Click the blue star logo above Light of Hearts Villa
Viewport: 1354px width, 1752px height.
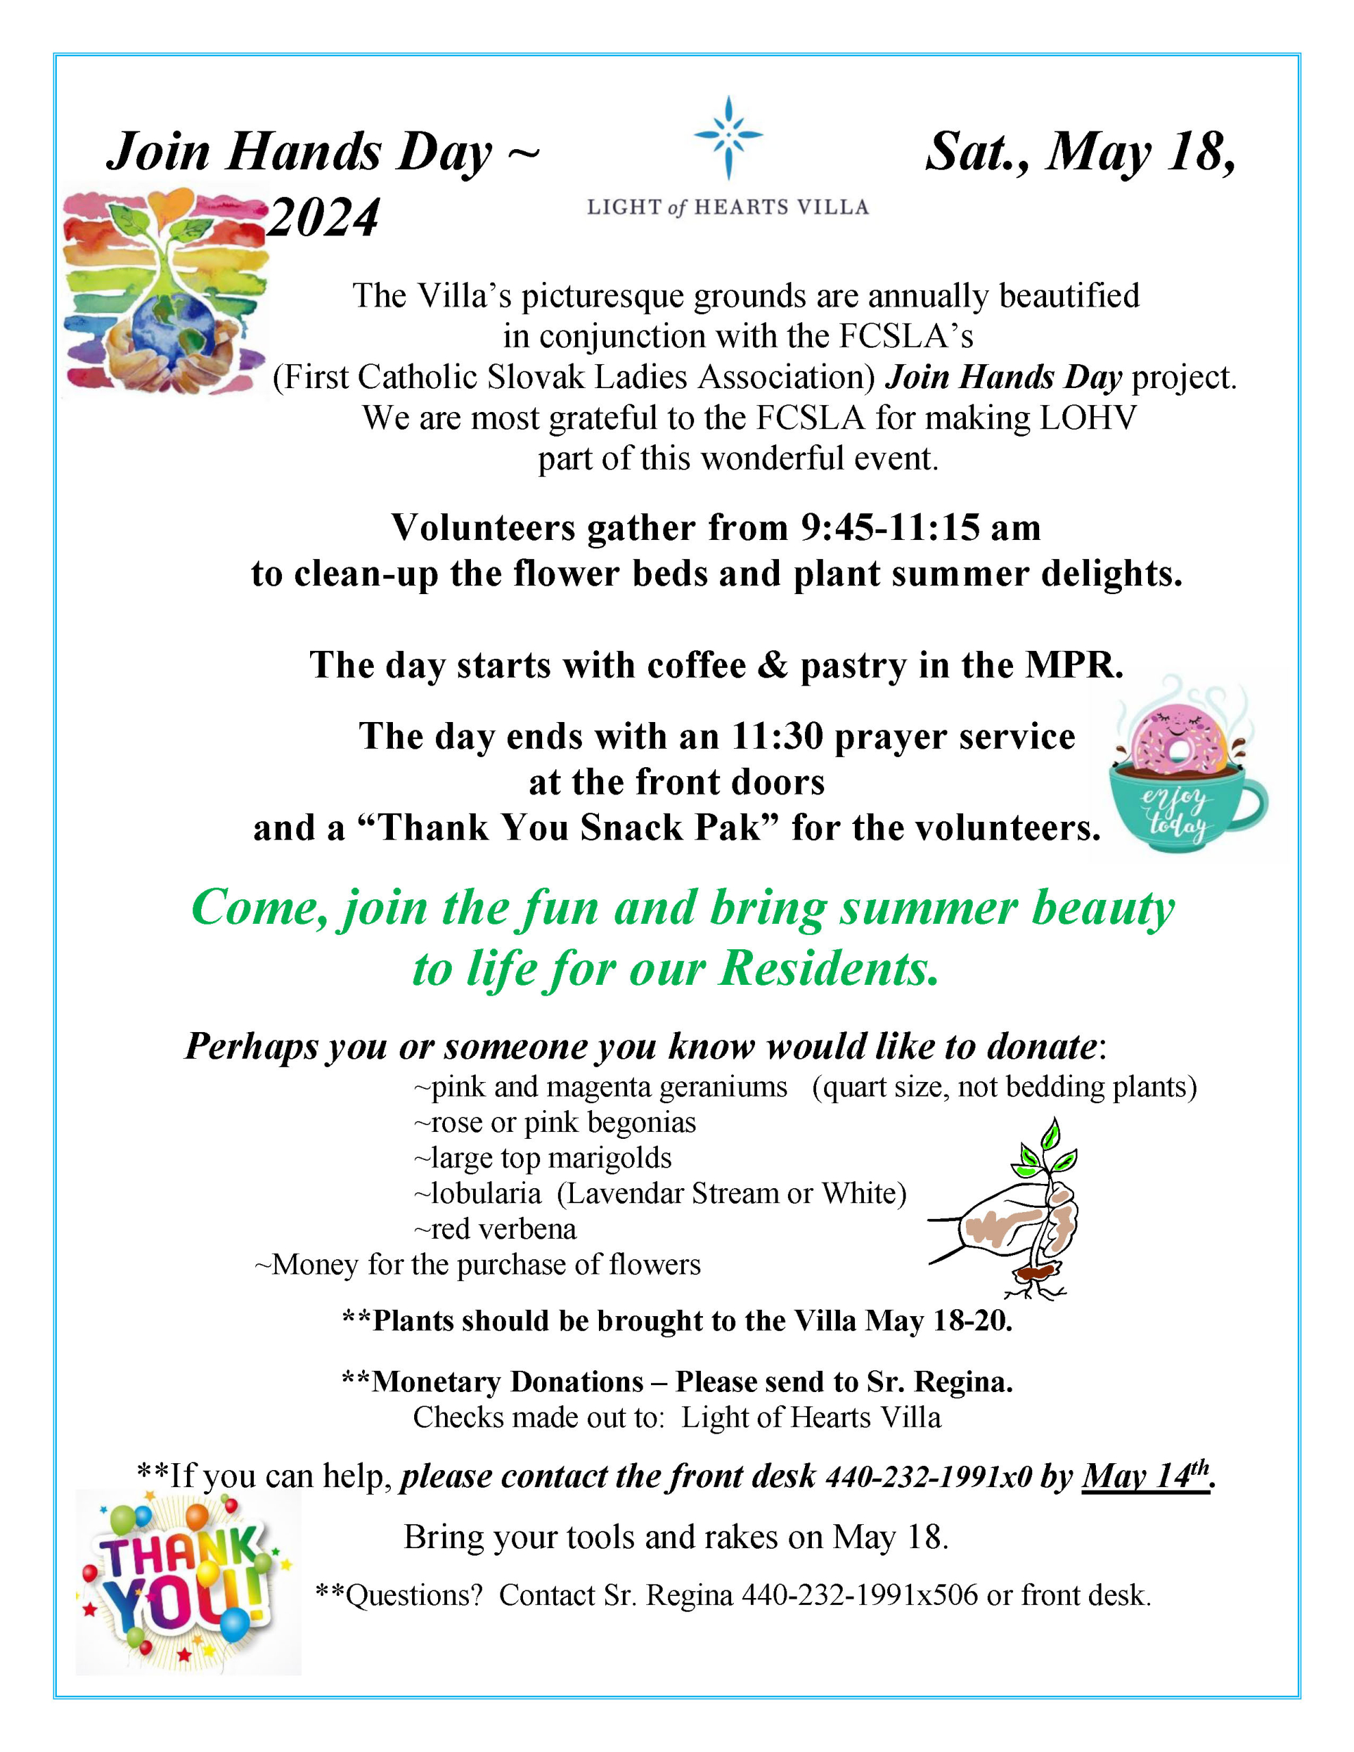pyautogui.click(x=727, y=137)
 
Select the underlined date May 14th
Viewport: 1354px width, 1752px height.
pyautogui.click(x=1145, y=1476)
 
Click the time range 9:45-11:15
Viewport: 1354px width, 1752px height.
pyautogui.click(x=890, y=528)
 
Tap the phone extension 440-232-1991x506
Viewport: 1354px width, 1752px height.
pyautogui.click(x=860, y=1595)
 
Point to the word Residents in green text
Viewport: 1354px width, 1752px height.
pyautogui.click(x=828, y=969)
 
